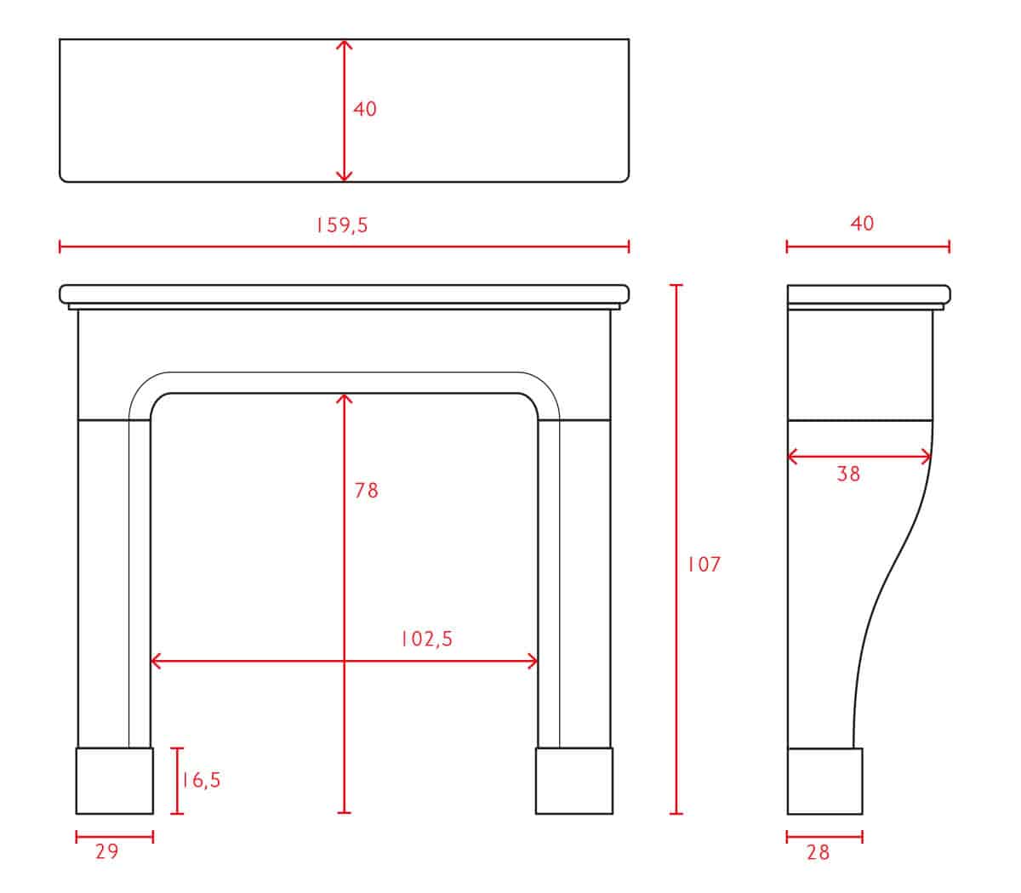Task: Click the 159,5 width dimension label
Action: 342,225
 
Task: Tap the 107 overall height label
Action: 704,565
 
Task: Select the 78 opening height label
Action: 366,491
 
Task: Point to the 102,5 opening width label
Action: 426,639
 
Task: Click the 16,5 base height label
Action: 201,780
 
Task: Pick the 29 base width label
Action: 107,851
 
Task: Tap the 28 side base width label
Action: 819,852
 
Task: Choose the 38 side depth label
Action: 848,474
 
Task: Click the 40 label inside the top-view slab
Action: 365,109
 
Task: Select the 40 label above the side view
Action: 862,224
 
